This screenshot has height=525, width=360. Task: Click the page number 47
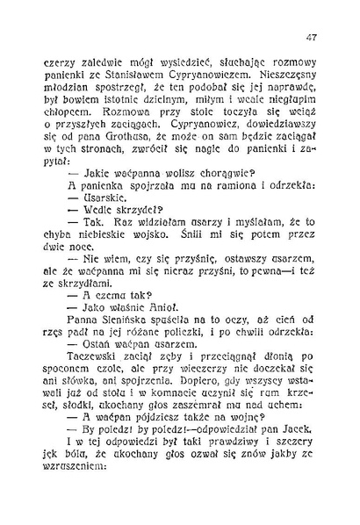pos(312,38)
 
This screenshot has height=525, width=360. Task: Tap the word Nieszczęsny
pos(272,77)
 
